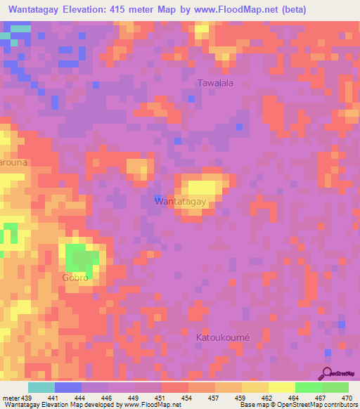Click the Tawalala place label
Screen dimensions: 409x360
[x=215, y=83]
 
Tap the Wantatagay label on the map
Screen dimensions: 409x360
[x=180, y=202]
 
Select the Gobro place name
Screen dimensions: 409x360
[x=75, y=278]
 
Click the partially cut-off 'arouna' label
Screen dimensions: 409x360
[x=13, y=162]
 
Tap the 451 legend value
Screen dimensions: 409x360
[x=162, y=398]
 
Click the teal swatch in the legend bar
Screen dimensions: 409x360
[x=41, y=387]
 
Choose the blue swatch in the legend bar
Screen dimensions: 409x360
[x=68, y=387]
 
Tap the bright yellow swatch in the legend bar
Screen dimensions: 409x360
[x=282, y=387]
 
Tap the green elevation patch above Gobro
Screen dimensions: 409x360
[x=82, y=259]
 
